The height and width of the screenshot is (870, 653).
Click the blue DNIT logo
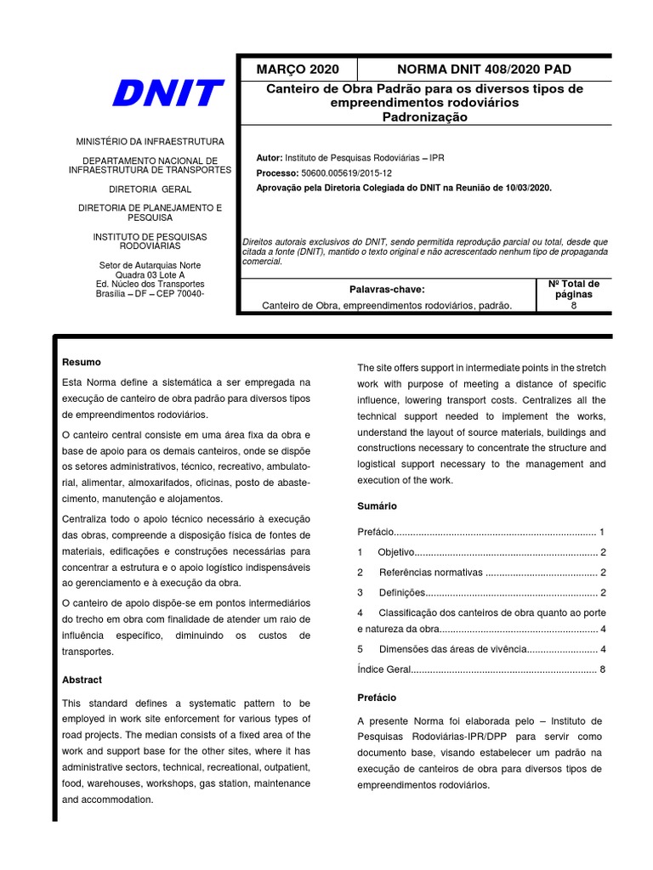pyautogui.click(x=168, y=93)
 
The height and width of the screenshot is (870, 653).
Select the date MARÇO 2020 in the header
pyautogui.click(x=298, y=69)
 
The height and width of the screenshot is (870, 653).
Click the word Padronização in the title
pyautogui.click(x=425, y=117)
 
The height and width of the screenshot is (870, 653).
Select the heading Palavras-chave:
pyautogui.click(x=387, y=290)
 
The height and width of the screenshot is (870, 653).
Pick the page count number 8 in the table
pyautogui.click(x=574, y=306)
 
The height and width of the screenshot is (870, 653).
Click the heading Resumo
pyautogui.click(x=82, y=362)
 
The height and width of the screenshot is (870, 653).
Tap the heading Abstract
pyautogui.click(x=82, y=680)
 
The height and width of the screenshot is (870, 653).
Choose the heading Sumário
pyautogui.click(x=377, y=506)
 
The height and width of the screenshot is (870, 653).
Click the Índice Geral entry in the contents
pyautogui.click(x=384, y=669)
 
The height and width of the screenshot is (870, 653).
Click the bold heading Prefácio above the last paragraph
pyautogui.click(x=377, y=697)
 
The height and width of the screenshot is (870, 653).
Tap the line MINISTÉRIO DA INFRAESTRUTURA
pyautogui.click(x=150, y=141)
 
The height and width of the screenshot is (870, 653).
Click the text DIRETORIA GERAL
pyautogui.click(x=150, y=189)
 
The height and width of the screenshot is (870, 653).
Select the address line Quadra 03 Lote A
pyautogui.click(x=150, y=274)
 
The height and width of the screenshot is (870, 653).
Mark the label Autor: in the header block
pyautogui.click(x=270, y=158)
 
